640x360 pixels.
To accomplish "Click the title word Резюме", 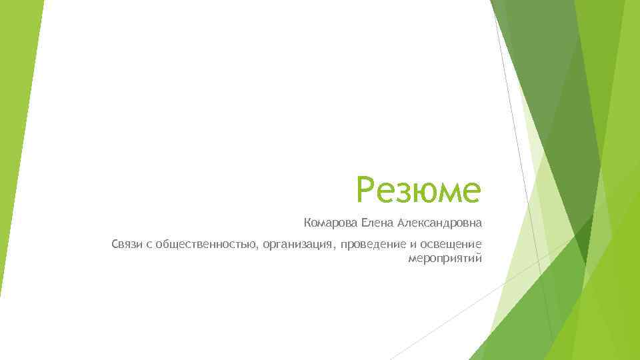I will (x=418, y=189).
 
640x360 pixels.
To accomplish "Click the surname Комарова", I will (x=331, y=221).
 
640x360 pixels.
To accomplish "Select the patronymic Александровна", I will (x=440, y=221).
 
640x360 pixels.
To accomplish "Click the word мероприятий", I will (x=444, y=258).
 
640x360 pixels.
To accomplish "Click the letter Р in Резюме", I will (x=367, y=189).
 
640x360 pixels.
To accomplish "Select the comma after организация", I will (x=335, y=249).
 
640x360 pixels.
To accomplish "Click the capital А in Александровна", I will (x=403, y=221).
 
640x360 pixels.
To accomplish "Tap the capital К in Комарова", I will (x=307, y=221).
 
